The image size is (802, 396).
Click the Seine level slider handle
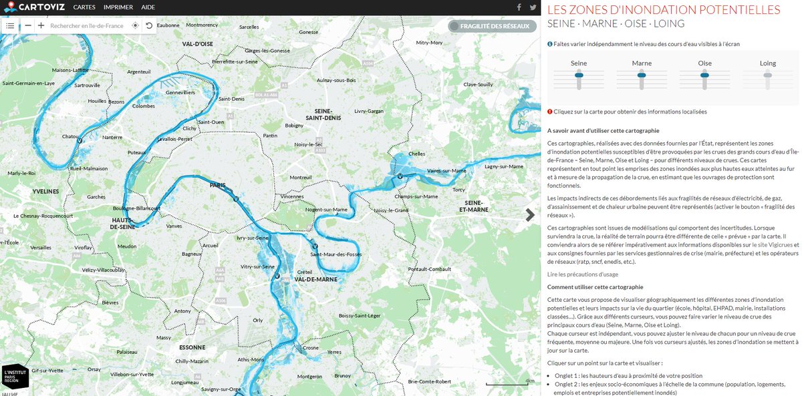(x=579, y=75)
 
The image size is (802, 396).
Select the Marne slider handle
(x=642, y=75)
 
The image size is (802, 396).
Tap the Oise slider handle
(x=704, y=75)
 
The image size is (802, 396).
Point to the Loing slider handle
(x=768, y=75)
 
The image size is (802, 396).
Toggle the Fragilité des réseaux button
(x=493, y=26)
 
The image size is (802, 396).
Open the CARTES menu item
(x=84, y=7)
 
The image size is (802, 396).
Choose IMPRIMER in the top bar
(x=118, y=7)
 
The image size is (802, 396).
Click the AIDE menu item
(x=148, y=7)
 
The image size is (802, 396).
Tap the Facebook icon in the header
(x=519, y=7)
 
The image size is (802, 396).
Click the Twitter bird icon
(x=533, y=7)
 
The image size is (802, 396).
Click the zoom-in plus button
(x=41, y=25)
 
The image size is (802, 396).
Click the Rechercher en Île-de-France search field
(x=87, y=25)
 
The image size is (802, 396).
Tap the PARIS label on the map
(x=218, y=186)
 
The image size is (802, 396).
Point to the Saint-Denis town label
(x=231, y=99)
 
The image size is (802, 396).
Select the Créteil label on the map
(x=304, y=272)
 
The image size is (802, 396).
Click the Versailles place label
(x=41, y=247)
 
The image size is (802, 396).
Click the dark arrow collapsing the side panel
(x=530, y=214)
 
